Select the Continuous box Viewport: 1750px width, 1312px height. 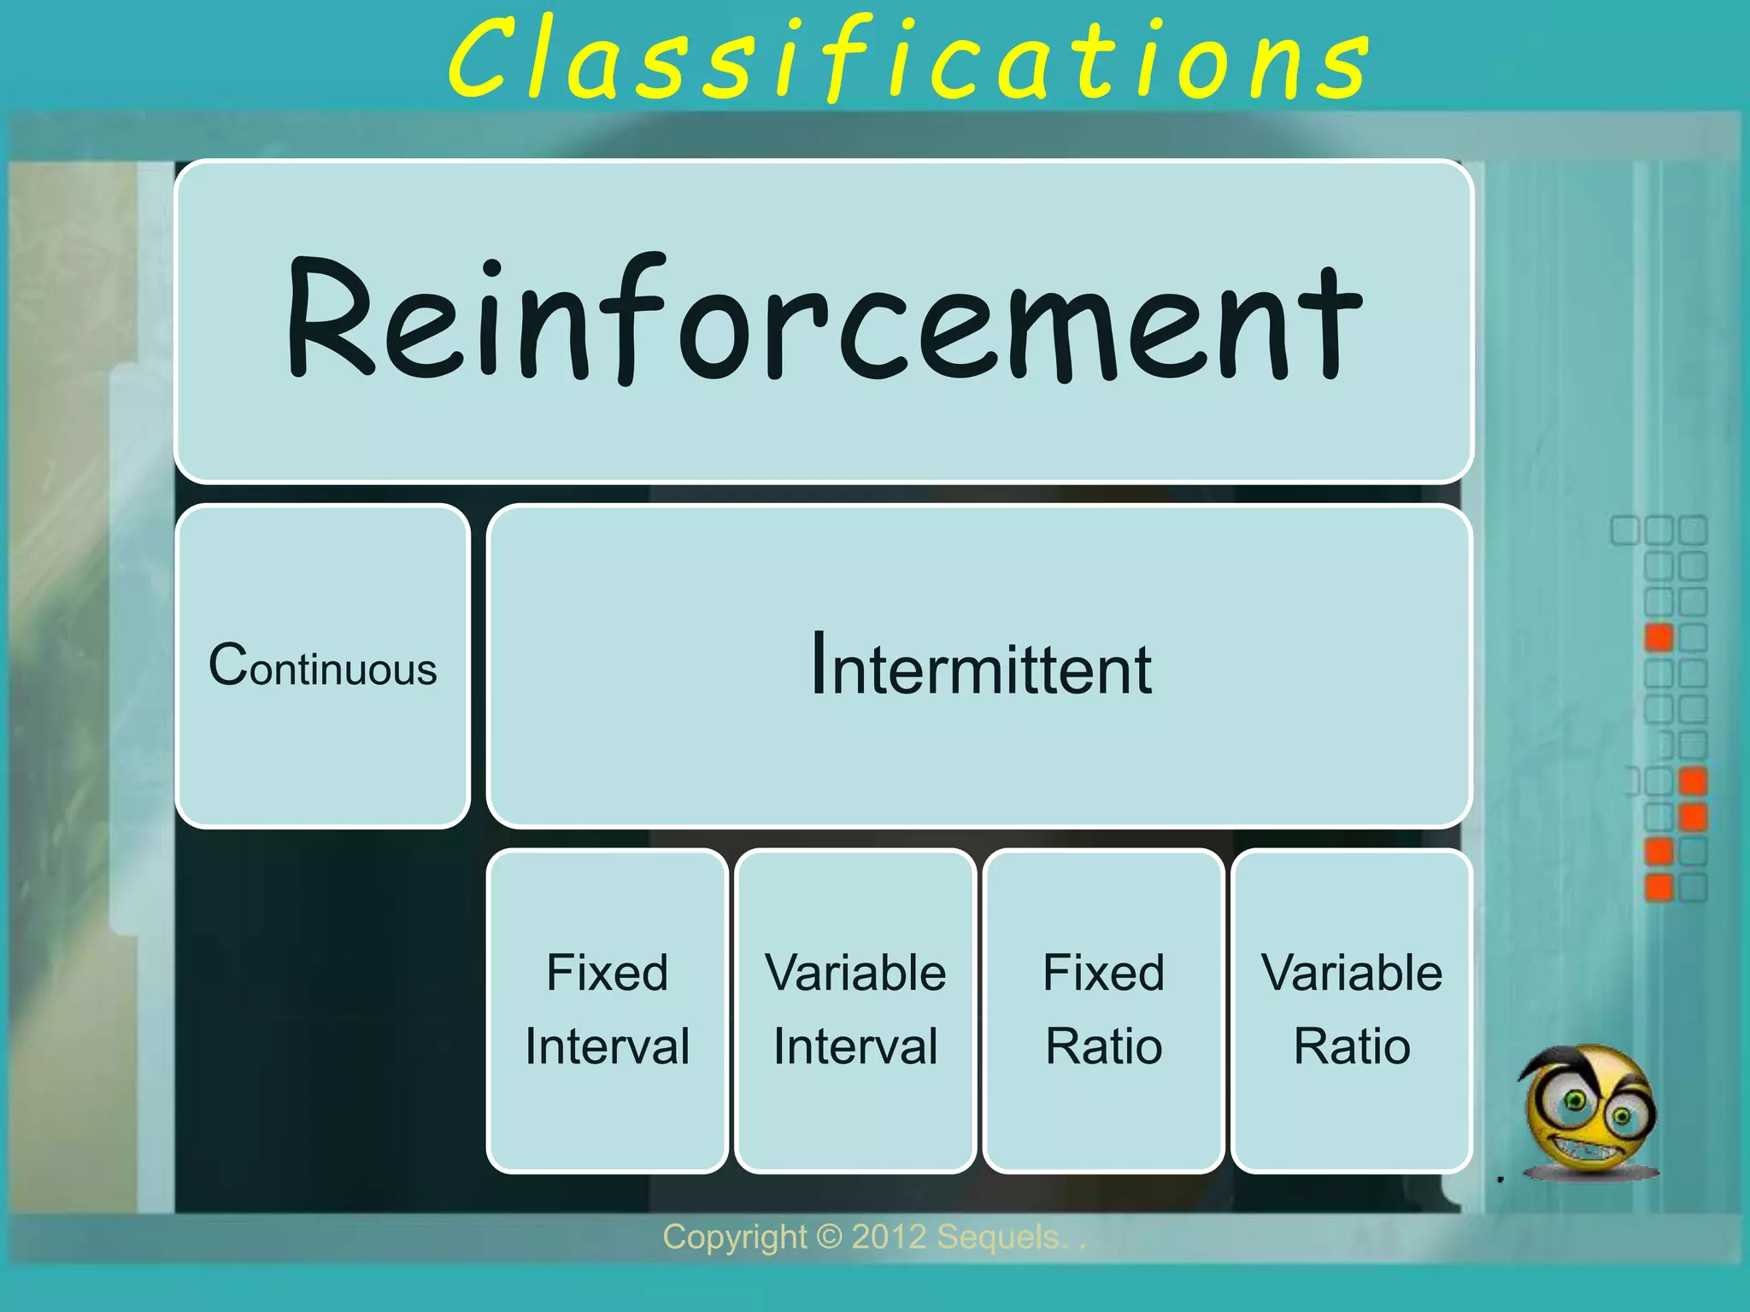point(323,666)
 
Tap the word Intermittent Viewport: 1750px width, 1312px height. point(981,666)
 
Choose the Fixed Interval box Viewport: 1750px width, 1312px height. point(607,1010)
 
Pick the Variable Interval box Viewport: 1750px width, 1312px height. point(855,1010)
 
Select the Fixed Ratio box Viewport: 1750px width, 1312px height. point(1103,1010)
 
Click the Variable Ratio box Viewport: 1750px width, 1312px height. point(1351,1010)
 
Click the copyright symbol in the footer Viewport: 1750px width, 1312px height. point(829,1237)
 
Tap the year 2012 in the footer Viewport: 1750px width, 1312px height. point(889,1237)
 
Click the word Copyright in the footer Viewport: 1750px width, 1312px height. point(734,1237)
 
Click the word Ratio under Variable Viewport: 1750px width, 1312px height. point(1351,1046)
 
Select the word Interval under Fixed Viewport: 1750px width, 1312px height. point(607,1046)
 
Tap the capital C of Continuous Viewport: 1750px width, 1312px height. point(228,665)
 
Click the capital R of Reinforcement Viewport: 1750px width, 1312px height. point(329,318)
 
